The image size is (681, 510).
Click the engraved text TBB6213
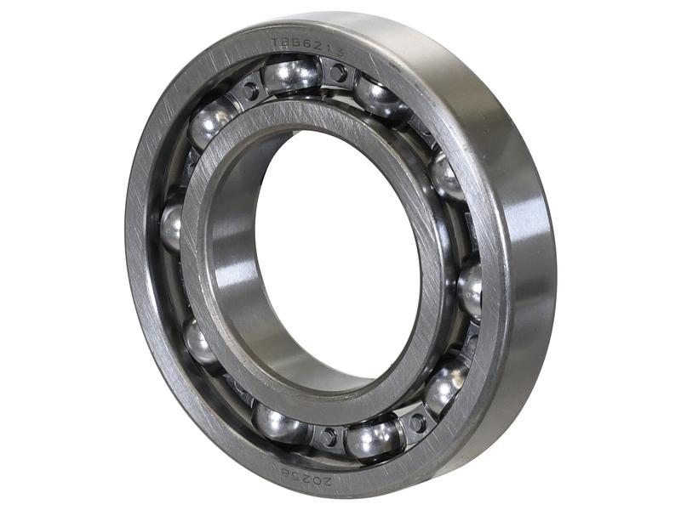pyautogui.click(x=307, y=47)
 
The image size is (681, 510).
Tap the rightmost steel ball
pyautogui.click(x=470, y=290)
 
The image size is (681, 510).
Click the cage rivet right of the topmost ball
pyautogui.click(x=338, y=74)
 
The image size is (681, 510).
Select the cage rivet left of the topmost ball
pyautogui.click(x=249, y=88)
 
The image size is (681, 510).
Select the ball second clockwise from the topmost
pyautogui.click(x=445, y=176)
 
